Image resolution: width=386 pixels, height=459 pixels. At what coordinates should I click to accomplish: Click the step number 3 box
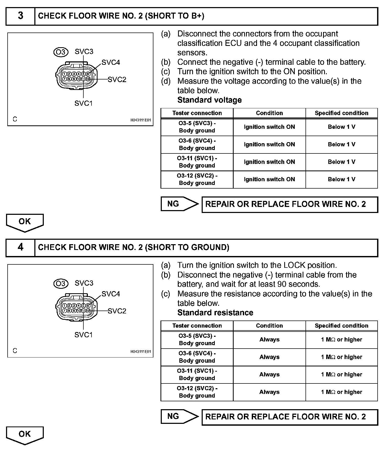20,16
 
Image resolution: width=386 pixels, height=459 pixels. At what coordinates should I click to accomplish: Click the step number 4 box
20,247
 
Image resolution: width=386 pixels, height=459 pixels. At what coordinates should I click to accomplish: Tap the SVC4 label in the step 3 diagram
111,62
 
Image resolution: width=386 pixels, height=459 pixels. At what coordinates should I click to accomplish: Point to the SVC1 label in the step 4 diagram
83,335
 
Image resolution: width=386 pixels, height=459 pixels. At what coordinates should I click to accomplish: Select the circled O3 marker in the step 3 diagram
61,52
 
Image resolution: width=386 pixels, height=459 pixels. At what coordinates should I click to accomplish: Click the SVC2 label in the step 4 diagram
117,311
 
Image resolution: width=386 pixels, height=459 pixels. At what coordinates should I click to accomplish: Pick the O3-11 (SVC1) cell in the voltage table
197,162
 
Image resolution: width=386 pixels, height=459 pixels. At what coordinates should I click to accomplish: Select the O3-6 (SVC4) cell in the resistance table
197,357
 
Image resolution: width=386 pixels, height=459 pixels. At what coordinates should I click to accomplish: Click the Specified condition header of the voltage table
341,113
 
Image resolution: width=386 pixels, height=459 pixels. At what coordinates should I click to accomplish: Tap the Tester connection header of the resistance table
197,326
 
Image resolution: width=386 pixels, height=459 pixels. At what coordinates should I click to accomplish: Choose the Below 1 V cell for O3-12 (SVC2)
341,179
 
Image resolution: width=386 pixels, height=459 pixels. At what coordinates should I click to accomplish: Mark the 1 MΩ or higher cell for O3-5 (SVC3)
341,340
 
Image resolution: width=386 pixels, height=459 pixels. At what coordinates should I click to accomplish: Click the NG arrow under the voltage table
180,204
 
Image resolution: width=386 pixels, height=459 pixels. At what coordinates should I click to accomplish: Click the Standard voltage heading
210,100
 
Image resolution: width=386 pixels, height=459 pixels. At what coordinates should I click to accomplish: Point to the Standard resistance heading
215,313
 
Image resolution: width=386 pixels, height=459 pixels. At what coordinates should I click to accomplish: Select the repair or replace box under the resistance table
290,417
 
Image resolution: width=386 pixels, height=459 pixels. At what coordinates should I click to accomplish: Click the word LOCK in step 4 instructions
295,265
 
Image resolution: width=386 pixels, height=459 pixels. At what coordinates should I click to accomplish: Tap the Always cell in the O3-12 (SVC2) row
269,392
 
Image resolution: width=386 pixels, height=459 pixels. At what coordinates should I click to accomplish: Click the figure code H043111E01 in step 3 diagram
141,120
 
